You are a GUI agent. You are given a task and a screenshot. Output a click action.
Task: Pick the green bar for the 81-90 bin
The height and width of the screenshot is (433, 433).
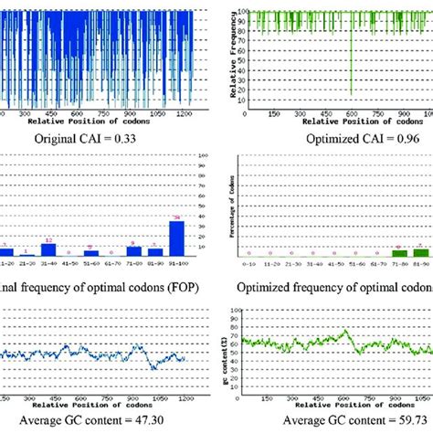coord(420,251)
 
